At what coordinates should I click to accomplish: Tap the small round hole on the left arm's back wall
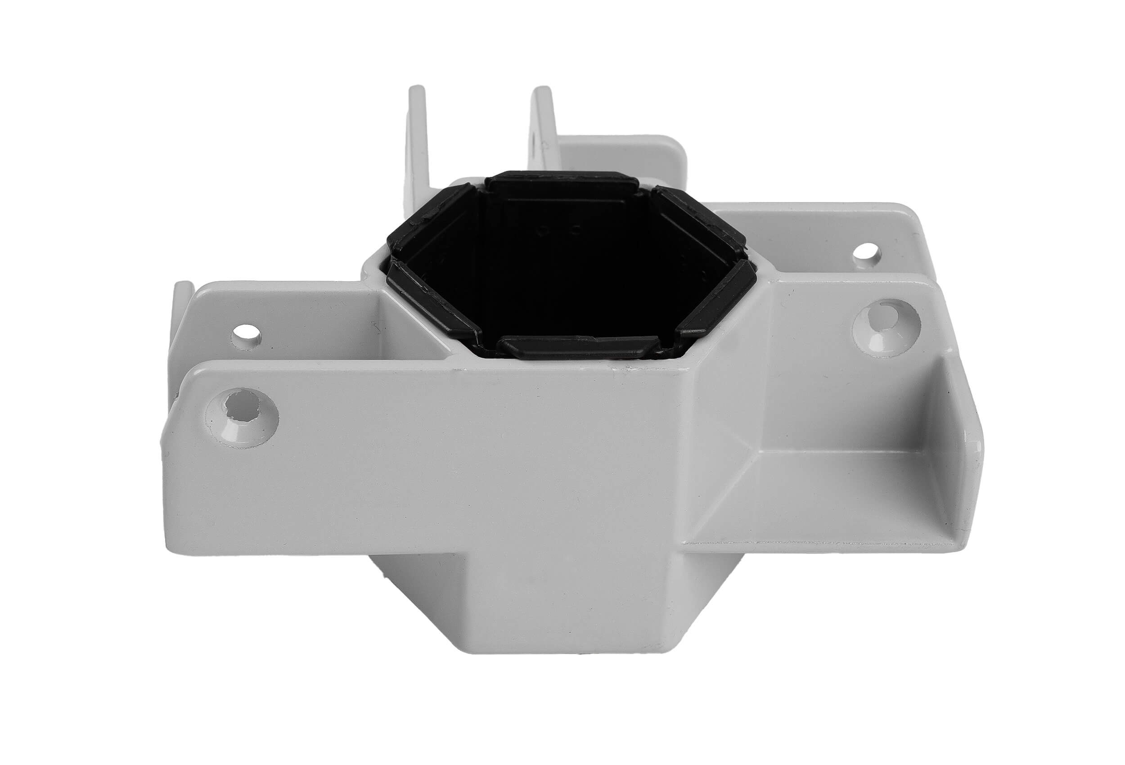247,333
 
